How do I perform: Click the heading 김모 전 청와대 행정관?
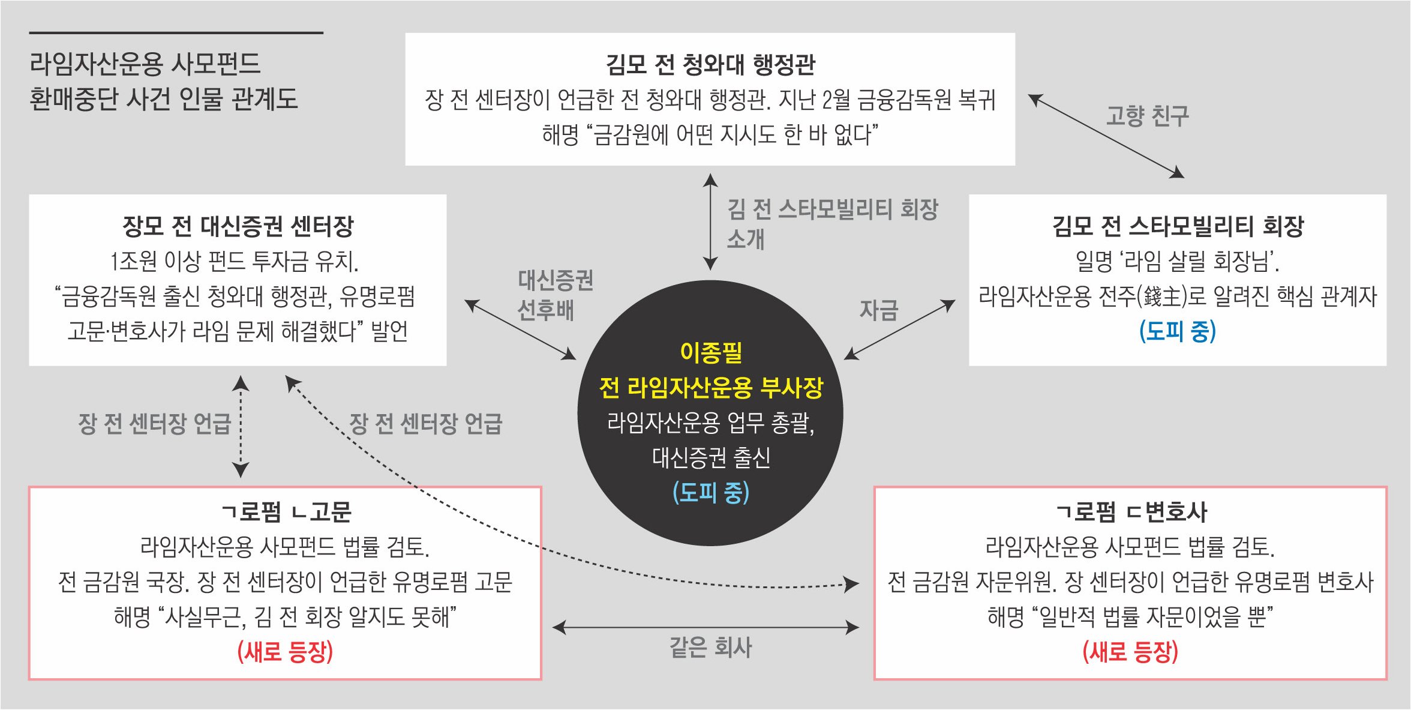pos(710,65)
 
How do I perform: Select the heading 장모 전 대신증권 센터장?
pos(238,226)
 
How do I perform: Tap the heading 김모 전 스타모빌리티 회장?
pos(1178,226)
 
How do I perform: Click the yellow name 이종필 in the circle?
pos(711,352)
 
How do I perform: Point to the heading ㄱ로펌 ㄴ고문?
pos(286,512)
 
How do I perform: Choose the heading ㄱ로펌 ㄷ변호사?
pos(1131,512)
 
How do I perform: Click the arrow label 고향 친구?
pos(1147,116)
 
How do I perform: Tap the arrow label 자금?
pos(879,310)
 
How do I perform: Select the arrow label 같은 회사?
pos(710,648)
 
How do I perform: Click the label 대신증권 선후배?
pos(555,295)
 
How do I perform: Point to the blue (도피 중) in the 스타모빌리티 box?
pos(1178,331)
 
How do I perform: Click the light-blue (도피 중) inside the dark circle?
pos(711,493)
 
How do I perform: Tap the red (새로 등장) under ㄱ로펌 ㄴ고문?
pos(285,652)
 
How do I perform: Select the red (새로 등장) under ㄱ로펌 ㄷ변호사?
pos(1131,652)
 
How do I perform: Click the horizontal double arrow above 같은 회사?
pos(705,628)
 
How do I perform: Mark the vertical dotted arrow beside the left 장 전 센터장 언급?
pos(241,426)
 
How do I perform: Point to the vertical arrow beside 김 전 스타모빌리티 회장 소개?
pos(710,222)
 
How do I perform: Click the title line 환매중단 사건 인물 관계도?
pos(163,99)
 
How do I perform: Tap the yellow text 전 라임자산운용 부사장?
pos(711,388)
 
